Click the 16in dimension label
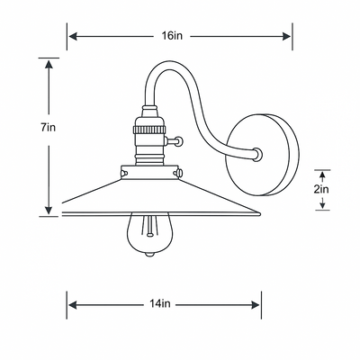pyautogui.click(x=172, y=36)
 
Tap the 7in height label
pyautogui.click(x=49, y=128)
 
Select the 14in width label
pyautogui.click(x=160, y=304)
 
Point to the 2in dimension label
pyautogui.click(x=321, y=190)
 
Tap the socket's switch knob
pyautogui.click(x=179, y=140)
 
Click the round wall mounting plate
pyautogui.click(x=262, y=155)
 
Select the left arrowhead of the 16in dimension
pyautogui.click(x=73, y=37)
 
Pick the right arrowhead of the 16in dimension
pyautogui.click(x=286, y=37)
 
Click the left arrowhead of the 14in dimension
pyautogui.click(x=73, y=305)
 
